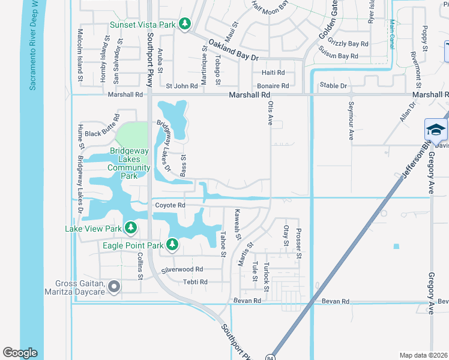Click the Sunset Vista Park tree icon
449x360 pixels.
tap(185, 24)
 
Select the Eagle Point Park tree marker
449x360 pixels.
tap(172, 244)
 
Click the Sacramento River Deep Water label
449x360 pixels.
tap(34, 45)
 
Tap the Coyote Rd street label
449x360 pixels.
tap(170, 205)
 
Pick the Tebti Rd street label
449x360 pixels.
tap(195, 281)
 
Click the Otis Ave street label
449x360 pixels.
tap(270, 113)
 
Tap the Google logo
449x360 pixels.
tap(20, 352)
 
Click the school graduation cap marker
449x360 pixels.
tap(436, 129)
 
